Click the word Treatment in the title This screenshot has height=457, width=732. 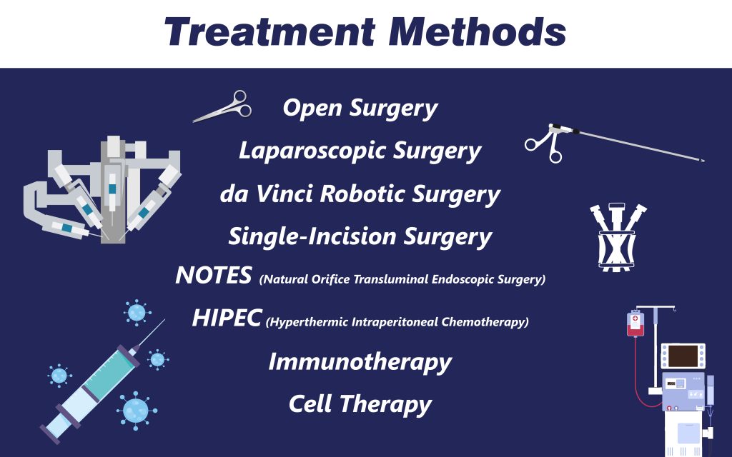point(269,31)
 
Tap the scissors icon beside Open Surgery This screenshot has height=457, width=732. point(223,106)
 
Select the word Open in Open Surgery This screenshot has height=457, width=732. point(312,109)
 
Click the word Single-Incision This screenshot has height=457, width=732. point(312,236)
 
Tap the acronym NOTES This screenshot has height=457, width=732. point(214,275)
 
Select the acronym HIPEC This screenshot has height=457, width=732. point(227,318)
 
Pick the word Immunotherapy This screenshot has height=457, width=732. point(360,362)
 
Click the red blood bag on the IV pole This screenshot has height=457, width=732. point(635,323)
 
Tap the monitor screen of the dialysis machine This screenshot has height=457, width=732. point(683,356)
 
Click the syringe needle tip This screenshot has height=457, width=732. point(164,320)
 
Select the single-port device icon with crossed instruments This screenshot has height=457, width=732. point(617,237)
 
